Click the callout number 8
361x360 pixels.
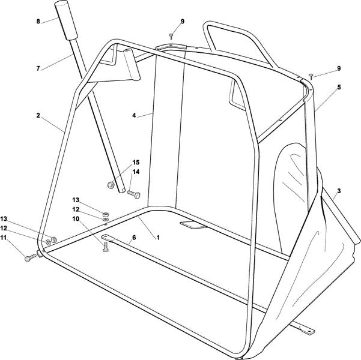tap(38, 22)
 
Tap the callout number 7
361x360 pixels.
tap(38, 68)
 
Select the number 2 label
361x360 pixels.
tap(38, 115)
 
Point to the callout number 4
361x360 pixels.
tap(134, 115)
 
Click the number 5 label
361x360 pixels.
tap(339, 87)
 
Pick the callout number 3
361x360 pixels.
tap(339, 191)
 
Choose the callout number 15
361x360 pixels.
tap(136, 163)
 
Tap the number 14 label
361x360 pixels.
tap(136, 172)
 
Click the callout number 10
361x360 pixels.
tap(76, 219)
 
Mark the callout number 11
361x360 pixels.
tap(4, 238)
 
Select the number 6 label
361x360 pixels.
tap(134, 237)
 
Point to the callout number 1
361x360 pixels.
tap(158, 238)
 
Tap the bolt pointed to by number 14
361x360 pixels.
tap(134, 194)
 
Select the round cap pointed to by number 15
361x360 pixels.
tap(111, 185)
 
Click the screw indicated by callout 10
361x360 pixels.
tap(106, 247)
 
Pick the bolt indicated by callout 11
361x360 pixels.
tap(30, 258)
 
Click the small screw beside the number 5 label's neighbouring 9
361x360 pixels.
tap(311, 76)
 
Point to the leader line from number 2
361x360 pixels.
tap(53, 124)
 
